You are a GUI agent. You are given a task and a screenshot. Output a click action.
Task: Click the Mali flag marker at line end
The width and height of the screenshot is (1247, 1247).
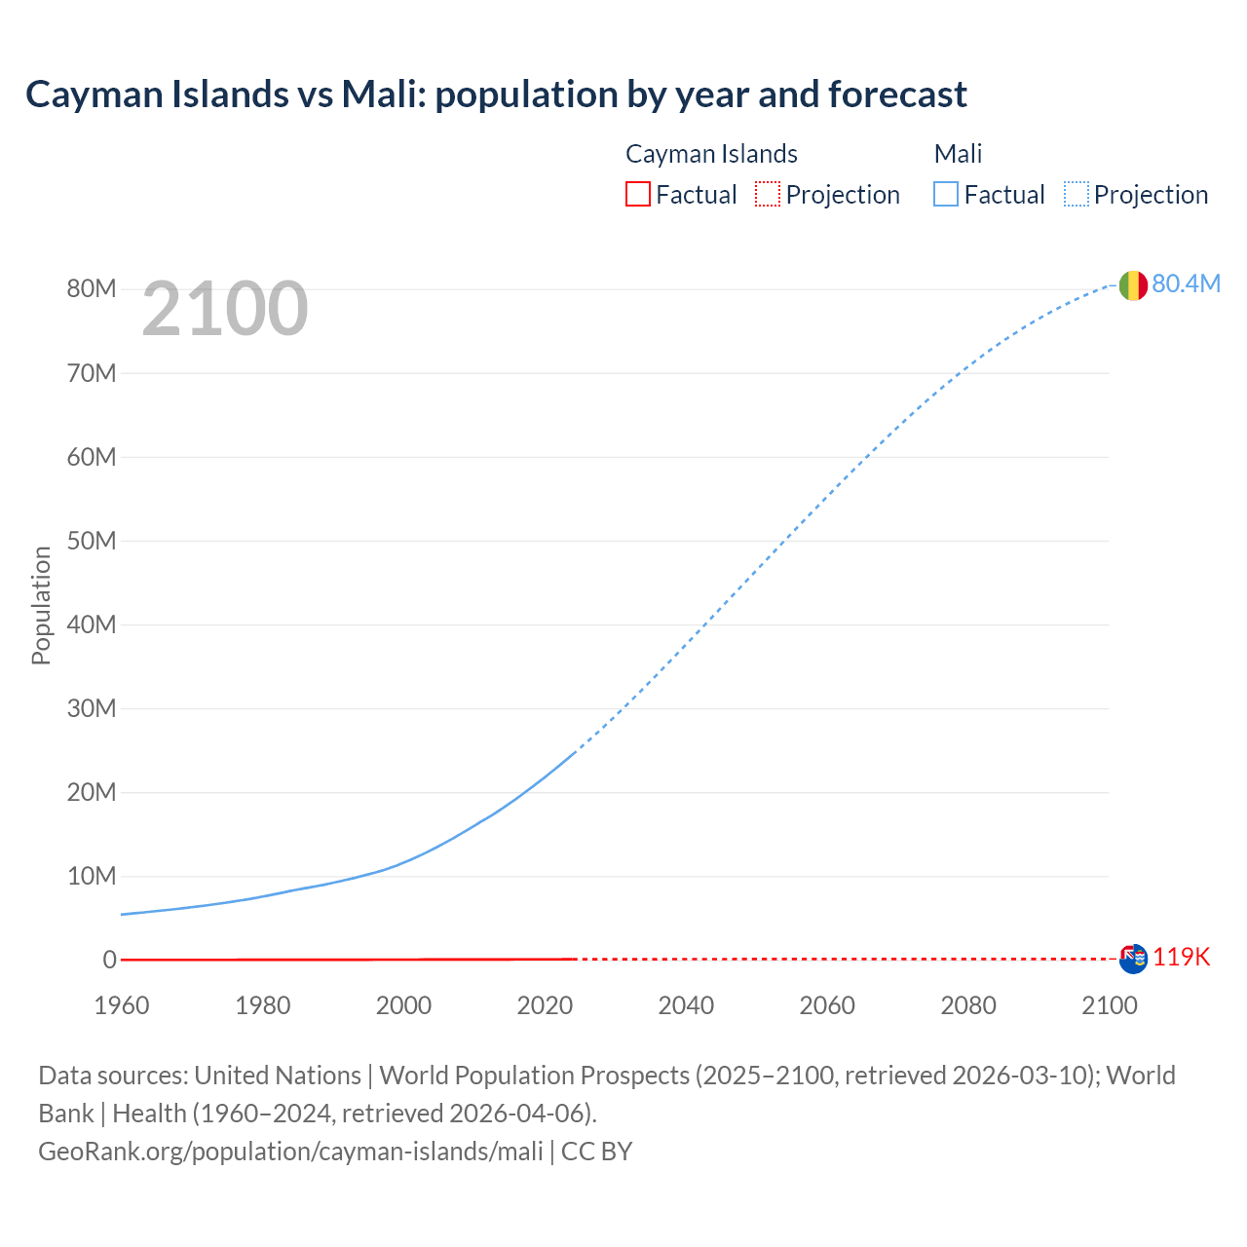coord(1133,285)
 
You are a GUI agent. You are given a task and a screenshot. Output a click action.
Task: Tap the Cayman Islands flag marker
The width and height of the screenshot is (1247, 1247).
coord(1133,959)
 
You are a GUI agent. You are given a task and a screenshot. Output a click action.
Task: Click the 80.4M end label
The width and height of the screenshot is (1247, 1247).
coord(1186,283)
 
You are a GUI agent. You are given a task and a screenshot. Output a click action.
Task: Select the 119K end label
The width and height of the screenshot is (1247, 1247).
coord(1181,958)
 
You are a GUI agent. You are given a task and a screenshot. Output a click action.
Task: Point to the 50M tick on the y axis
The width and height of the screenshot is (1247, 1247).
coord(92,541)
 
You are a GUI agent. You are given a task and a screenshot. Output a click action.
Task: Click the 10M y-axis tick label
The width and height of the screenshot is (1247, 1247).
coord(92,876)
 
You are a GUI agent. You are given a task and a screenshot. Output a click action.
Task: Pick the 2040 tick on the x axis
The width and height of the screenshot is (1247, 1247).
coord(686,1005)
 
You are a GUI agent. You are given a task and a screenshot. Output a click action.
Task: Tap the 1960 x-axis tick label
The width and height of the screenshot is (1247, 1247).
coord(122,1005)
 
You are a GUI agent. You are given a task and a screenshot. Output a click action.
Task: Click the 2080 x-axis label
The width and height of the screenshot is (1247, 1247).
coord(968,1005)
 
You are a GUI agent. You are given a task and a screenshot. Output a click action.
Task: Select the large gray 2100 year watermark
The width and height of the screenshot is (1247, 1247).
coord(225,309)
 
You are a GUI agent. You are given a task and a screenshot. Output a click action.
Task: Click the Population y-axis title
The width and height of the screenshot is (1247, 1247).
coord(41,605)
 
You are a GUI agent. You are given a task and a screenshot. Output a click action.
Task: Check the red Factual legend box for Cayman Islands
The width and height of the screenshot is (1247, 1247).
coord(637,194)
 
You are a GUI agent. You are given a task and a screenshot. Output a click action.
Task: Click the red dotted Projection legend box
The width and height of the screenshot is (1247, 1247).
coord(768,194)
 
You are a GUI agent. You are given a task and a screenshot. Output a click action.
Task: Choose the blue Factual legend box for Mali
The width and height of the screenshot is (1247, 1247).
coord(945,194)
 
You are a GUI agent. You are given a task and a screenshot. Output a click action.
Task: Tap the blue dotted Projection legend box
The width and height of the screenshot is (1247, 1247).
coord(1076,194)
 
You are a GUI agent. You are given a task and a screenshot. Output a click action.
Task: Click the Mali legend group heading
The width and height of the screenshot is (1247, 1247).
coord(958,154)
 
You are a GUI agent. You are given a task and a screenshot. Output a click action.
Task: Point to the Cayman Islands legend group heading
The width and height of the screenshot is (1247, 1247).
coord(711,154)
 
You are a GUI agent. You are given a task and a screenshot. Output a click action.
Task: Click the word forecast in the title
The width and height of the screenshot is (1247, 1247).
coord(897,94)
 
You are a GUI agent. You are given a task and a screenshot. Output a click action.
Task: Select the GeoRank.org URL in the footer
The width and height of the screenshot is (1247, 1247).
coord(290,1152)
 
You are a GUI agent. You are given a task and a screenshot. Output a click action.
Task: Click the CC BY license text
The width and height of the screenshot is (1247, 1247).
coord(597,1152)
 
